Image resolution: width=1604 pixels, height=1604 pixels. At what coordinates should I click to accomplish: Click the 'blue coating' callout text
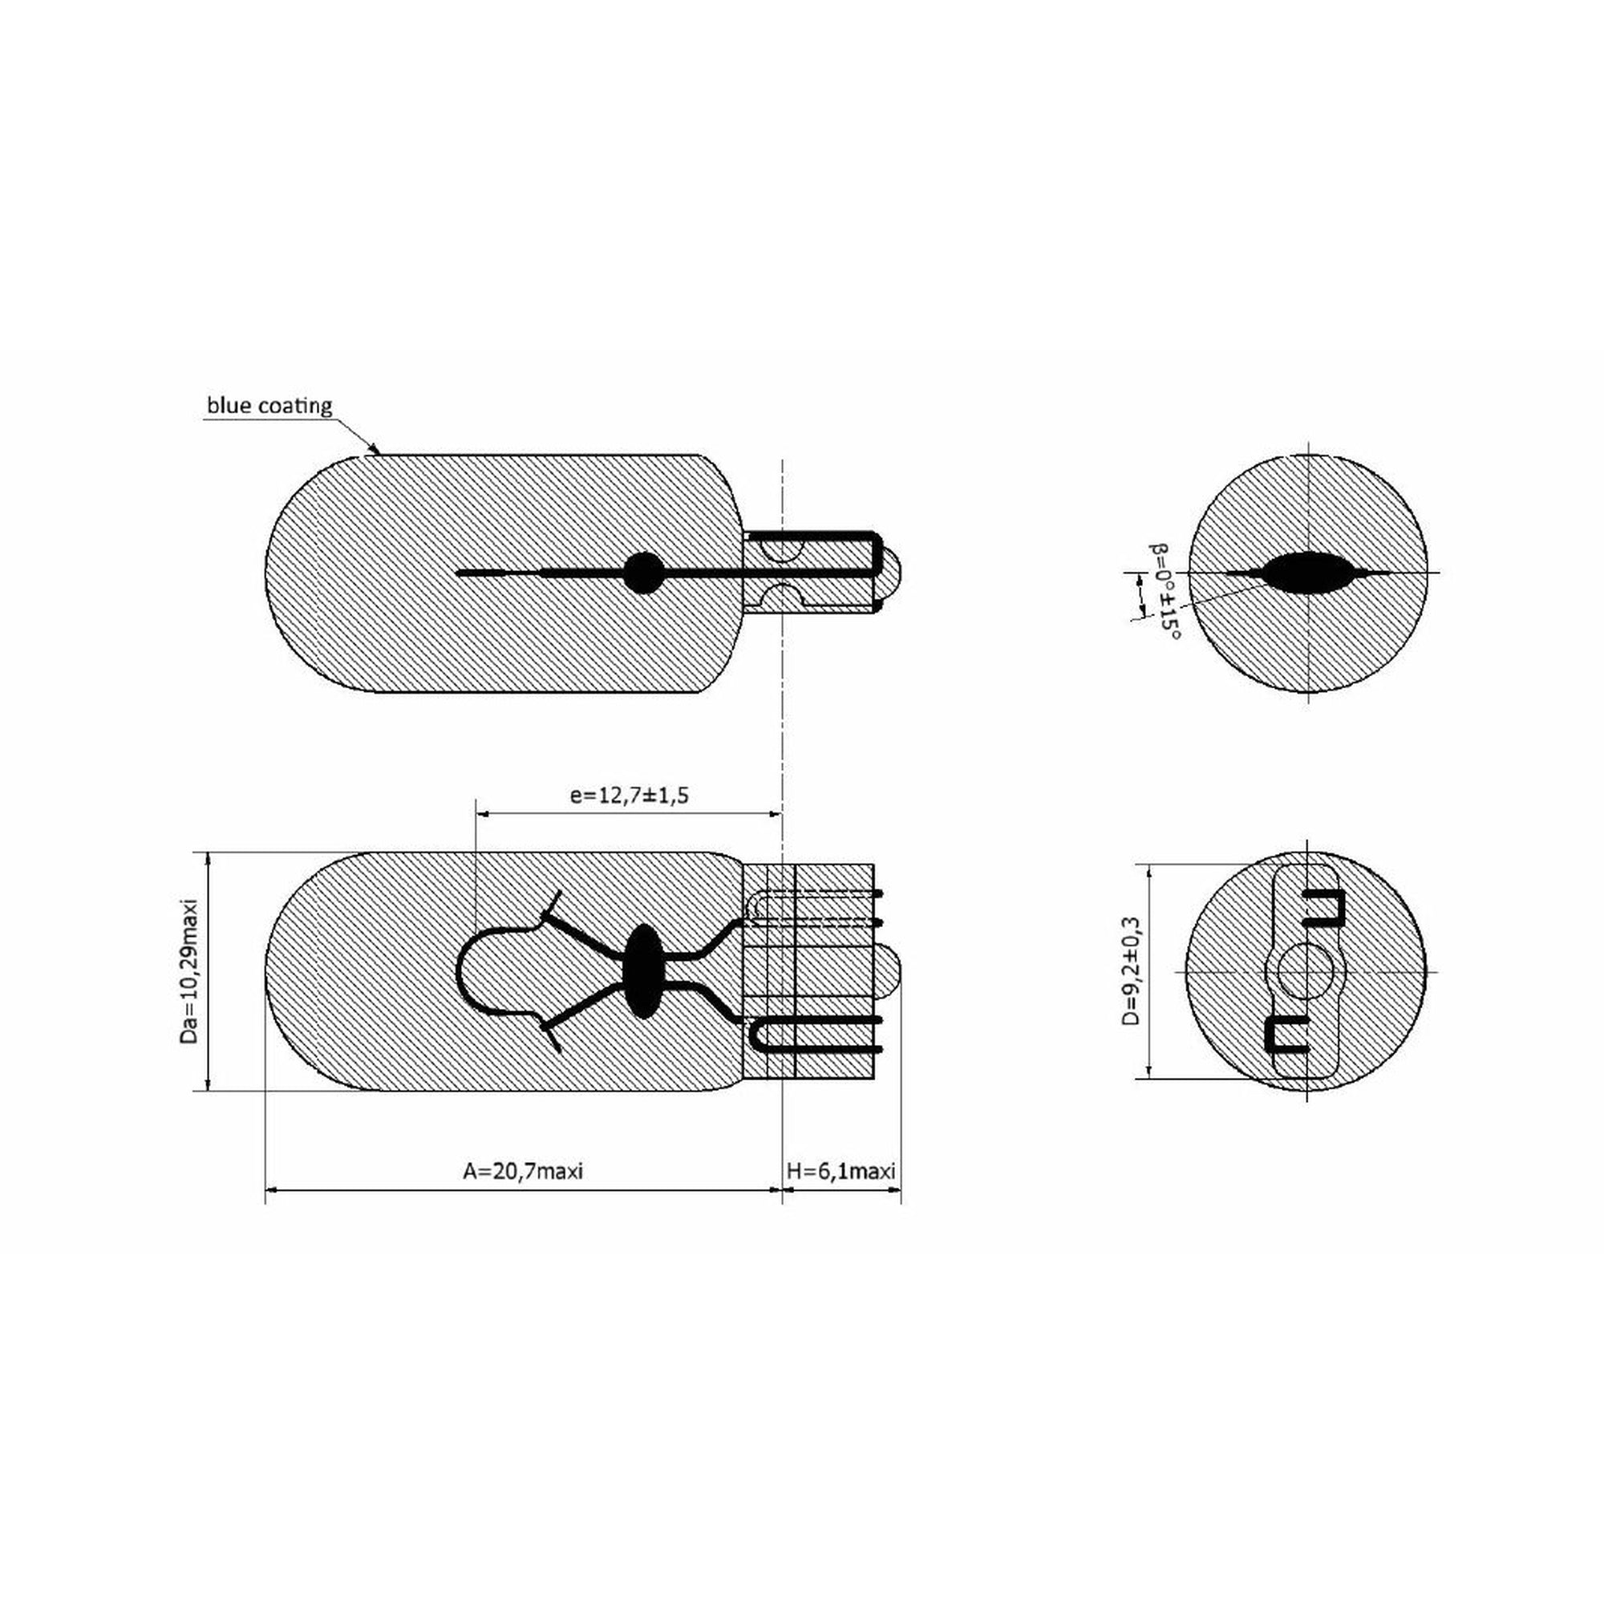pos(269,406)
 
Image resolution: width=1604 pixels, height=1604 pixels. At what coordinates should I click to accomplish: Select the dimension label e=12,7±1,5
pos(630,796)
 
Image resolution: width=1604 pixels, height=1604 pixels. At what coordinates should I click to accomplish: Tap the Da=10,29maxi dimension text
pos(190,970)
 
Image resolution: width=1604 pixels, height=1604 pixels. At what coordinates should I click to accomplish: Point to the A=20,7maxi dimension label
pos(523,1171)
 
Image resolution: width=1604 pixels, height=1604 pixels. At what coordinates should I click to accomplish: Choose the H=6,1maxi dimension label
pos(841,1171)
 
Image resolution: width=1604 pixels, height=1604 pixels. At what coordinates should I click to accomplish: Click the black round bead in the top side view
pos(643,573)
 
